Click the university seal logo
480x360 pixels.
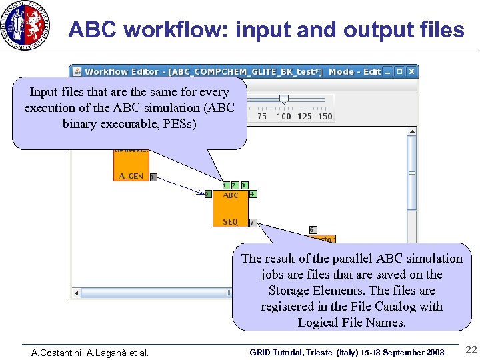[x=26, y=26]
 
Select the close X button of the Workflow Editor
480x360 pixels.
[x=411, y=71]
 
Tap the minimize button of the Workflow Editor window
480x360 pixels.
[x=389, y=71]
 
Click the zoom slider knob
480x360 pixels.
[x=284, y=99]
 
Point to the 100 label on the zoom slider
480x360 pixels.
[x=284, y=116]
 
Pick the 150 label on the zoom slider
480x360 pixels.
[x=325, y=116]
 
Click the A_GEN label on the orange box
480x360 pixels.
[x=131, y=176]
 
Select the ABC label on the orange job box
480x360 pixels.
[x=231, y=195]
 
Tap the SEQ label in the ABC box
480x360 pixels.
[x=231, y=222]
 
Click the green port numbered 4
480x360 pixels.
[x=252, y=194]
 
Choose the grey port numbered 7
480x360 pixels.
[x=252, y=223]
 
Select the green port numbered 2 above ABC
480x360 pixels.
[x=235, y=185]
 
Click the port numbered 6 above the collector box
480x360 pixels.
[x=313, y=230]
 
